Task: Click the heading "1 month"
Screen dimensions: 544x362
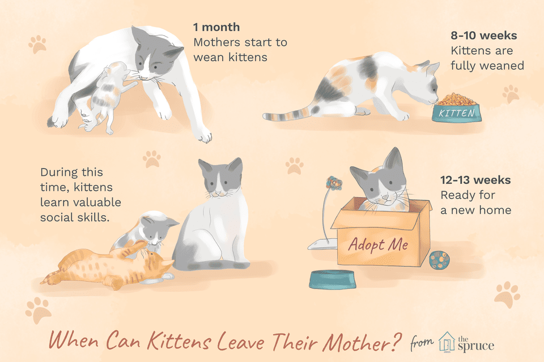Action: coord(216,27)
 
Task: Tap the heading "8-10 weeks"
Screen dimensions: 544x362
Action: coord(483,35)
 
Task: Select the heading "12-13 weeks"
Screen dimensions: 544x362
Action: coord(475,180)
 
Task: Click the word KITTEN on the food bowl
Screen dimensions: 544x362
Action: coord(457,113)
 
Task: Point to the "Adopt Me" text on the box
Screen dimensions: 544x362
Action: coord(379,244)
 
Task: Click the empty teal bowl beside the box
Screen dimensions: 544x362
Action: coord(333,279)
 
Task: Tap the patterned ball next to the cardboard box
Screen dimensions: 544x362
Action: coord(439,260)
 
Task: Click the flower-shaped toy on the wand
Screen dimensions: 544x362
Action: coord(334,183)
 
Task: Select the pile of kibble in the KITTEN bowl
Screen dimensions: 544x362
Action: coord(456,99)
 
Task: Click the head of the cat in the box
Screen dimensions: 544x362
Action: coord(379,179)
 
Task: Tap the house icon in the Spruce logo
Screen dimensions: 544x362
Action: coord(447,342)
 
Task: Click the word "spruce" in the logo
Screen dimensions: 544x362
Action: coord(475,346)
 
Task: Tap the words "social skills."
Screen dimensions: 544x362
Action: coord(75,217)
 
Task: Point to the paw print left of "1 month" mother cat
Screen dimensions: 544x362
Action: coord(37,44)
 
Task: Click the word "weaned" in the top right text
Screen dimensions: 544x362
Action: coord(504,66)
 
